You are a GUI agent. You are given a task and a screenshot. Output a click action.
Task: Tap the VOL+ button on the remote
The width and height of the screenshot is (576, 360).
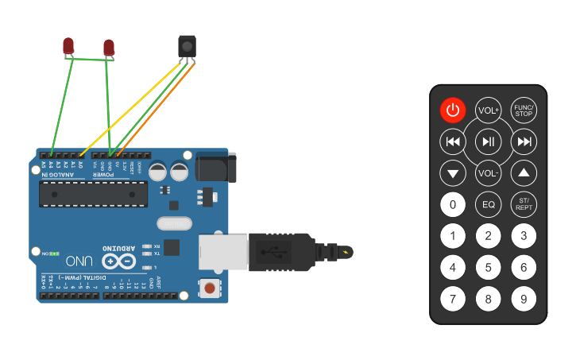(x=488, y=110)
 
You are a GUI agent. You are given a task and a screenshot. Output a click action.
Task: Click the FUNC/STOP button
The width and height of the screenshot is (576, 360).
(x=524, y=110)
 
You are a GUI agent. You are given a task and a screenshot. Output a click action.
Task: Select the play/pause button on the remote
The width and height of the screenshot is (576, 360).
(x=488, y=142)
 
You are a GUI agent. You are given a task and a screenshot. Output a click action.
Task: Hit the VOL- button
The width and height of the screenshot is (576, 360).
(x=488, y=172)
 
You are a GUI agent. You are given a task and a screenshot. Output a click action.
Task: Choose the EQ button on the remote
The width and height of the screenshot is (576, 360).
(x=488, y=204)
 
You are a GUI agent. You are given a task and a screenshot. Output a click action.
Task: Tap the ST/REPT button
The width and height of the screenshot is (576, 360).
(x=524, y=204)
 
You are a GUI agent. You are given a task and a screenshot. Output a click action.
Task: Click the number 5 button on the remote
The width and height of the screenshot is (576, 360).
(x=488, y=268)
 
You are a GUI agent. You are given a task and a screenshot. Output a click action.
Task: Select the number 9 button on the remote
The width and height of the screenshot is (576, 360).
(x=524, y=300)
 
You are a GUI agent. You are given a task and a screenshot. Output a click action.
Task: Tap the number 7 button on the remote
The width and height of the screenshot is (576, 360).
(x=453, y=300)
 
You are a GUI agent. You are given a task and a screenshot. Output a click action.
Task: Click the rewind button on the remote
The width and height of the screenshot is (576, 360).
(x=453, y=142)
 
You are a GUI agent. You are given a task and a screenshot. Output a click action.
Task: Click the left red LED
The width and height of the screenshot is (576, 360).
(x=69, y=46)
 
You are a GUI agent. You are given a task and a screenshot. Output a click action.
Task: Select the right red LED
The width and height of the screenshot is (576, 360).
(x=109, y=48)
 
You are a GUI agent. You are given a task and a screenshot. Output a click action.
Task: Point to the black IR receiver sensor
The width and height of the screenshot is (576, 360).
(x=187, y=46)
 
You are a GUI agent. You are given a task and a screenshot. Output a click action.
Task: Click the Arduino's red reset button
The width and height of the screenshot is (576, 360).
(x=210, y=288)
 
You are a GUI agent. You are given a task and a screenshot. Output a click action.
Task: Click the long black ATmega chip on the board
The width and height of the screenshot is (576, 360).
(x=93, y=193)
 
